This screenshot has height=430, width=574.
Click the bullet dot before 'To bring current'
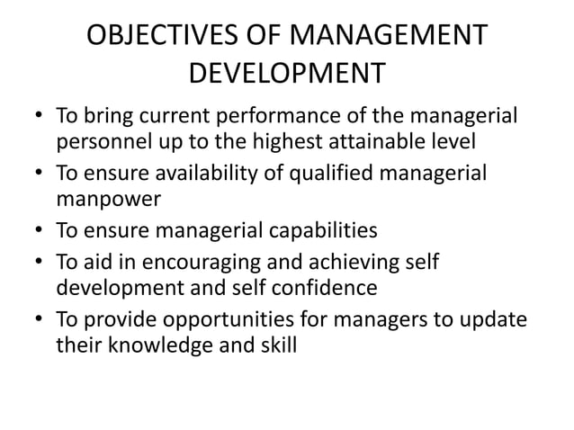coord(38,118)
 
